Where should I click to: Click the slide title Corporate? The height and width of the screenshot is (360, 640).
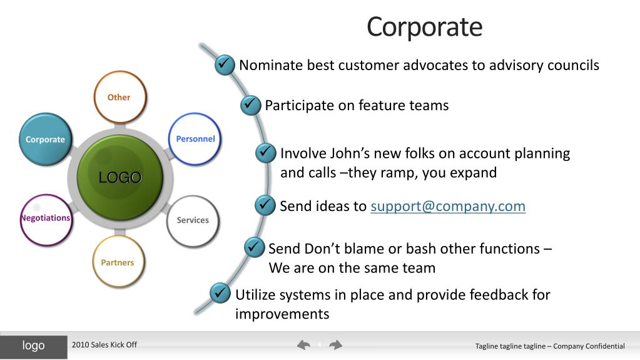[x=424, y=27]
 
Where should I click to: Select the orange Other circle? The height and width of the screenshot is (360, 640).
[x=119, y=97]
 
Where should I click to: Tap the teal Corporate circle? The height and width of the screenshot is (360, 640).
[x=45, y=139]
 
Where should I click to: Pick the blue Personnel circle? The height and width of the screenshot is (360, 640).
[x=195, y=138]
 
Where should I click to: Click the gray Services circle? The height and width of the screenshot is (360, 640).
[x=193, y=220]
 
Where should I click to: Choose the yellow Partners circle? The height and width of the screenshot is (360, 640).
[x=118, y=262]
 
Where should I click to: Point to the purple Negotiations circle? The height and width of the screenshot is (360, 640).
[x=45, y=219]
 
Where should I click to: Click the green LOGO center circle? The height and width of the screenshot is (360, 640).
[x=119, y=177]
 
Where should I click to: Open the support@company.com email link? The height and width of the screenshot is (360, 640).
[x=448, y=206]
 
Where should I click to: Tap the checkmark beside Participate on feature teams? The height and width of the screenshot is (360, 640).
[x=250, y=105]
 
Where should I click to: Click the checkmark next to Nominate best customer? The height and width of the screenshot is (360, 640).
[x=225, y=64]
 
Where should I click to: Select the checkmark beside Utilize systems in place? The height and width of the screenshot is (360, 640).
[x=220, y=292]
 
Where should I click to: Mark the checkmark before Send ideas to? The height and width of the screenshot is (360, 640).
[x=265, y=205]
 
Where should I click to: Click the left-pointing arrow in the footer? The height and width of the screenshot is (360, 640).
[x=304, y=345]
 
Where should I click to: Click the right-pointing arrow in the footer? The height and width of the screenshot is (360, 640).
[x=336, y=345]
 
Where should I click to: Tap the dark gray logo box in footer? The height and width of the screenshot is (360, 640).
[x=34, y=346]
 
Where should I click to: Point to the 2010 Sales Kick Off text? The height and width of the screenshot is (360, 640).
[x=104, y=345]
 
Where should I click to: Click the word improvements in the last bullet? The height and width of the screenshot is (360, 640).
[x=282, y=314]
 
